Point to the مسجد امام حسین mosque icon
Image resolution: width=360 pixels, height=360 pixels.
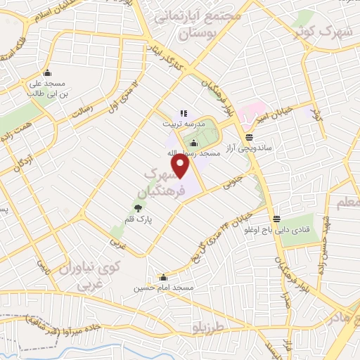[164, 277]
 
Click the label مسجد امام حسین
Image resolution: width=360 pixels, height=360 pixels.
[163, 288]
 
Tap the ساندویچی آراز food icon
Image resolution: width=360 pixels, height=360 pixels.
[249, 137]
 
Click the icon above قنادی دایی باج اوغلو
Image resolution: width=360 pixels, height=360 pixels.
[277, 219]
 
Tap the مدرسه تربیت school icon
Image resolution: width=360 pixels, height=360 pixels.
[184, 112]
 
